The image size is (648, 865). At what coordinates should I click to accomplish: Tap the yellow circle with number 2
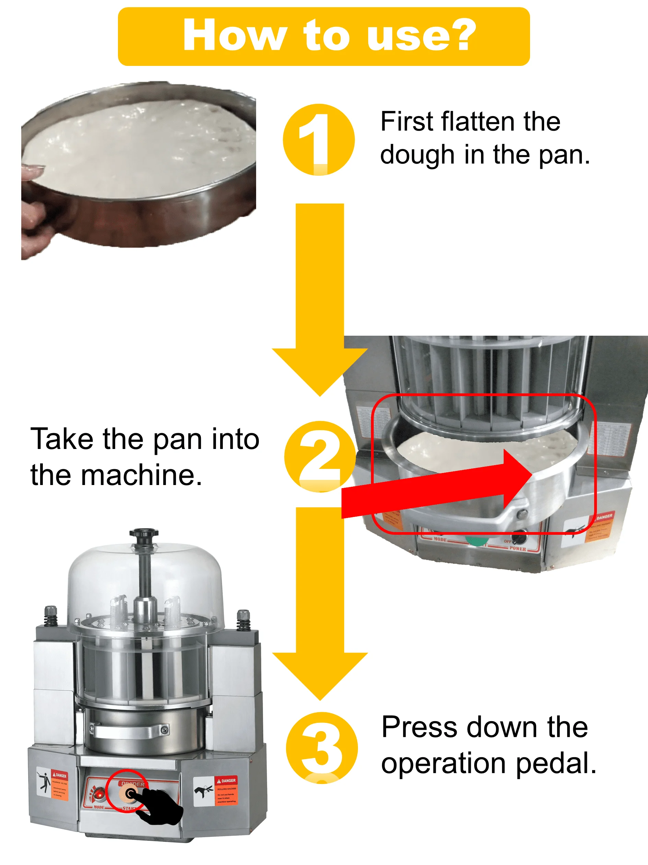coord(320,456)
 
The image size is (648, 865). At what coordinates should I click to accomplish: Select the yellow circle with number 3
coord(322,747)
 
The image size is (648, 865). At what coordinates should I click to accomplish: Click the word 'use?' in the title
coord(421,36)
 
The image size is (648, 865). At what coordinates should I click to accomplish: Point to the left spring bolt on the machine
coord(51,616)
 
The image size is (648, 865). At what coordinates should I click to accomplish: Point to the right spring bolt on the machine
coord(243,620)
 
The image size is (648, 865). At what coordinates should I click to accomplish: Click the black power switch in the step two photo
coord(520,539)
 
